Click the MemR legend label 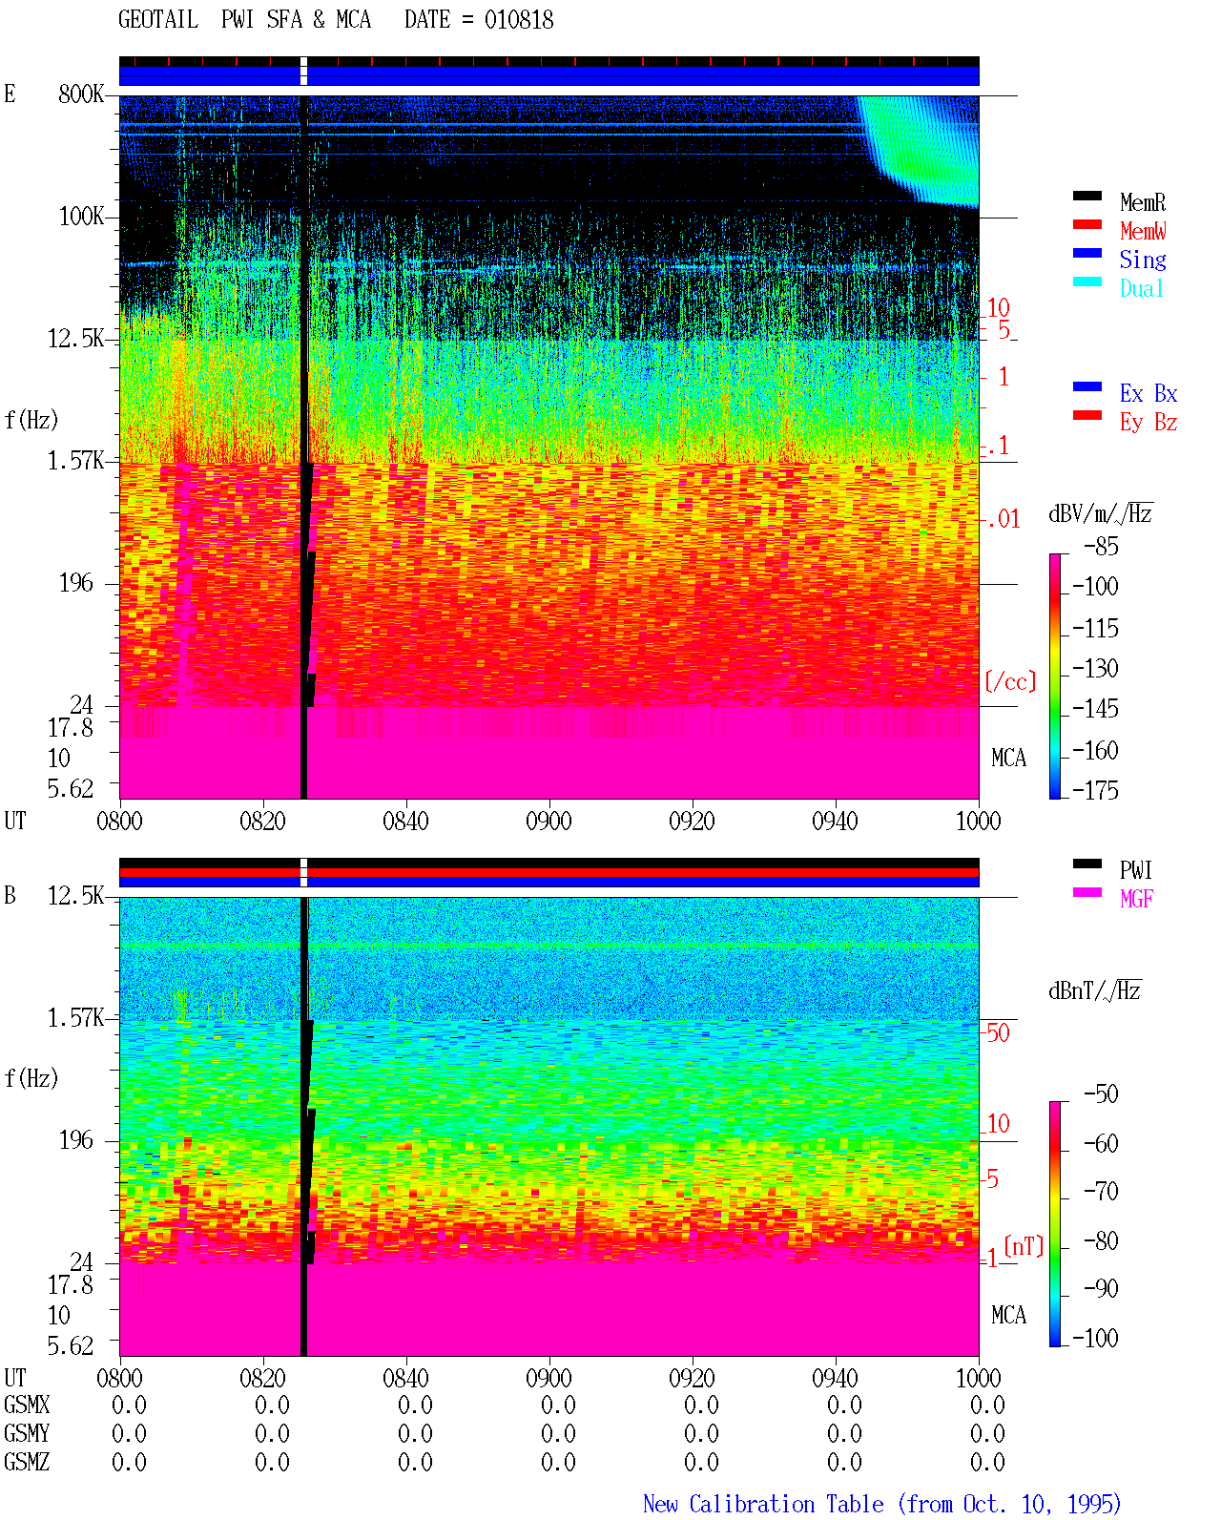coord(1142,202)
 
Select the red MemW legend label coord(1142,231)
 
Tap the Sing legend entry coord(1142,260)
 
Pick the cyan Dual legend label coord(1141,288)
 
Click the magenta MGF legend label coord(1136,899)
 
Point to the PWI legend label coord(1135,869)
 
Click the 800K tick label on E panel coord(81,94)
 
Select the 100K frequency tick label coord(81,217)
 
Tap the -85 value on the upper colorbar coord(1100,546)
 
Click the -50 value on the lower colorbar coord(1100,1093)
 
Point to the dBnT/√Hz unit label coord(1094,991)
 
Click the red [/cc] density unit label coord(1010,681)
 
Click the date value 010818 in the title coord(518,20)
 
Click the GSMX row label coord(27,1405)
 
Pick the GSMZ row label coord(27,1462)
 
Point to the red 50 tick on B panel coord(998,1033)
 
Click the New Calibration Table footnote coord(881,1504)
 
